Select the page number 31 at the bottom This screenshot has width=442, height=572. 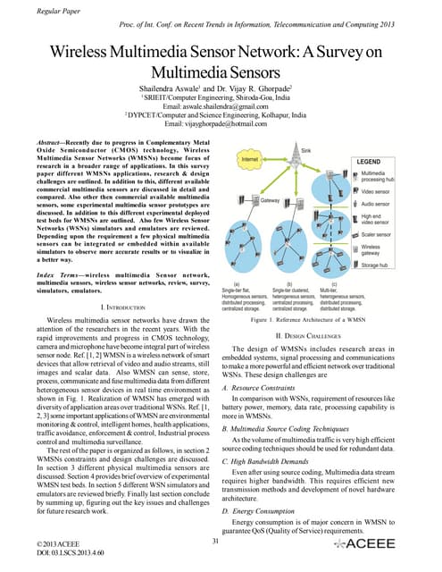click(215, 541)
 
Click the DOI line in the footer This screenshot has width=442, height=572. click(62, 555)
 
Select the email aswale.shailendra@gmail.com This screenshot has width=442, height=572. click(220, 108)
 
